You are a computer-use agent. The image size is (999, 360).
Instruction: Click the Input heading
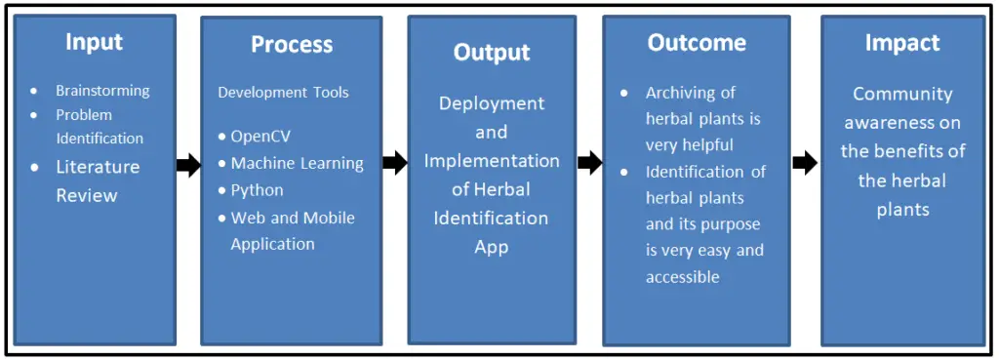(94, 41)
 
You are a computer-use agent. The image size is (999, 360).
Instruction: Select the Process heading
(292, 44)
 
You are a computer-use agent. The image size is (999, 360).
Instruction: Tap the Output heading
(492, 52)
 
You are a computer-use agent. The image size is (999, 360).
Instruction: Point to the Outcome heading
(697, 43)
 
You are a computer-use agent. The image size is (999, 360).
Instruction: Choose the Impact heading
(902, 43)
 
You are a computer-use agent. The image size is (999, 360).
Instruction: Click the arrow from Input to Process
(188, 166)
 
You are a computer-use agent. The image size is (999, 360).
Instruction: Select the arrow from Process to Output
(394, 163)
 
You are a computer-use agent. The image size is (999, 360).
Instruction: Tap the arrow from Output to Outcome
(589, 163)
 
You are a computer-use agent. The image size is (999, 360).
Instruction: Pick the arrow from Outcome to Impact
(805, 163)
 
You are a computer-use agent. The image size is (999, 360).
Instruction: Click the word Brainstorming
(102, 91)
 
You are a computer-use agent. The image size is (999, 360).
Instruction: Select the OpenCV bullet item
(260, 136)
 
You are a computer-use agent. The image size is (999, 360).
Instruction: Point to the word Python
(258, 190)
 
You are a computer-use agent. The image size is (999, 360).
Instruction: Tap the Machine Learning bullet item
(297, 163)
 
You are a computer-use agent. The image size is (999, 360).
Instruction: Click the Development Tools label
(283, 93)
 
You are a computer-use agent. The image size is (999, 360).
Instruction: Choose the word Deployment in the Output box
(492, 103)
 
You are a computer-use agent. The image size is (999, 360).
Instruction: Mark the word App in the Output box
(492, 247)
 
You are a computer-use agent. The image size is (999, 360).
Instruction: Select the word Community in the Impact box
(902, 94)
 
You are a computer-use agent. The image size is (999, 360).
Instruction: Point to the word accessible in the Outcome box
(682, 277)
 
